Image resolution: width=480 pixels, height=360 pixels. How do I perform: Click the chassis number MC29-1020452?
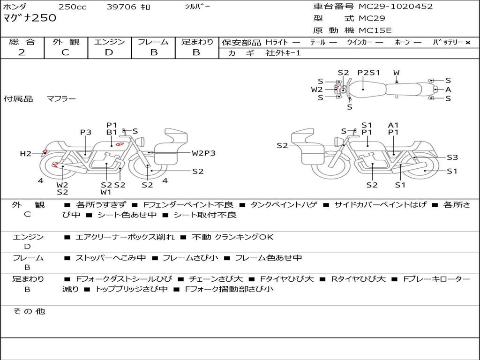[x=396, y=7]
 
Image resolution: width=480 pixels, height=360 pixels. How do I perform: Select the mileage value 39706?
[x=121, y=7]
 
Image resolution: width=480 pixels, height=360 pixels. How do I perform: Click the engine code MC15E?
[x=375, y=30]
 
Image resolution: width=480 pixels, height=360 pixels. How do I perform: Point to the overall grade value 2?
[x=22, y=52]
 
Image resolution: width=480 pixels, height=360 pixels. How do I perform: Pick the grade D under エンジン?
[x=109, y=52]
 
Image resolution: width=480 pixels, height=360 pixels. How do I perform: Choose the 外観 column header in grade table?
[x=66, y=42]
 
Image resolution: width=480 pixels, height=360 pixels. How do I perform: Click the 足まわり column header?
[x=197, y=42]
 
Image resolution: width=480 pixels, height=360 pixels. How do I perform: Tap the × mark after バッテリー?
[x=467, y=42]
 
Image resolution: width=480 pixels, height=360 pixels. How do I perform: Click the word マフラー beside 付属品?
[x=61, y=99]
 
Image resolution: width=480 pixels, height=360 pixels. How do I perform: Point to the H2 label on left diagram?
[x=25, y=153]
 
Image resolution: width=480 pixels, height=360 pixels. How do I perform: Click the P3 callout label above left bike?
[x=85, y=133]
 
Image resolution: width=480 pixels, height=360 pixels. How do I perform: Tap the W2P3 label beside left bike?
[x=203, y=153]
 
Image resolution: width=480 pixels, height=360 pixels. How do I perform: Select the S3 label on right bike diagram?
[x=452, y=157]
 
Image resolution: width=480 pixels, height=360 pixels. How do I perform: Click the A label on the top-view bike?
[x=448, y=89]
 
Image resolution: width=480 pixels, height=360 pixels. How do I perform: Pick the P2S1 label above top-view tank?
[x=368, y=73]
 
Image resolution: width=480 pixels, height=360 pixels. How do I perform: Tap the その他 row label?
[x=29, y=311]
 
